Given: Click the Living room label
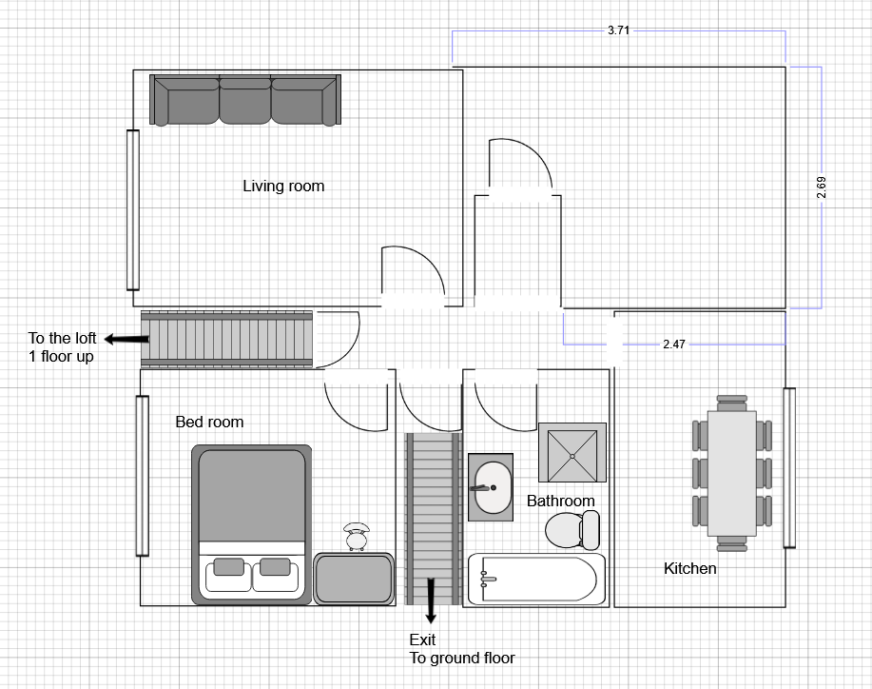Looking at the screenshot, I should pyautogui.click(x=283, y=186).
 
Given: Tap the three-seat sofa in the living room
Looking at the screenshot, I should pyautogui.click(x=245, y=100).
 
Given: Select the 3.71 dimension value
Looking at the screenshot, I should pyautogui.click(x=618, y=30).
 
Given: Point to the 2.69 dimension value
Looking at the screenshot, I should pyautogui.click(x=822, y=187).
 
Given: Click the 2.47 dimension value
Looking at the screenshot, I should pyautogui.click(x=673, y=344).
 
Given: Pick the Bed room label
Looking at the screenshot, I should pyautogui.click(x=209, y=422).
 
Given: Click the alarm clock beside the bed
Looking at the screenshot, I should pyautogui.click(x=358, y=537).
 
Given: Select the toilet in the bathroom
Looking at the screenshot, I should pyautogui.click(x=573, y=530).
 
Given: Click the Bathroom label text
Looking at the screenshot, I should pyautogui.click(x=561, y=501).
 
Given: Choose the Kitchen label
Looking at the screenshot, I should pyautogui.click(x=689, y=568).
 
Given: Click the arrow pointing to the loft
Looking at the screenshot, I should pyautogui.click(x=121, y=339).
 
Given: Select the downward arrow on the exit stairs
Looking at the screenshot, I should pyautogui.click(x=432, y=598).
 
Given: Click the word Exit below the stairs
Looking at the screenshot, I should pyautogui.click(x=422, y=640).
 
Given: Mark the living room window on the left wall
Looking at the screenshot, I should pyautogui.click(x=133, y=209).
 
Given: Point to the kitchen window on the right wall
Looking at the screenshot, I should pyautogui.click(x=788, y=467).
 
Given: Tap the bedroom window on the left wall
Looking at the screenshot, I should pyautogui.click(x=143, y=476).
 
